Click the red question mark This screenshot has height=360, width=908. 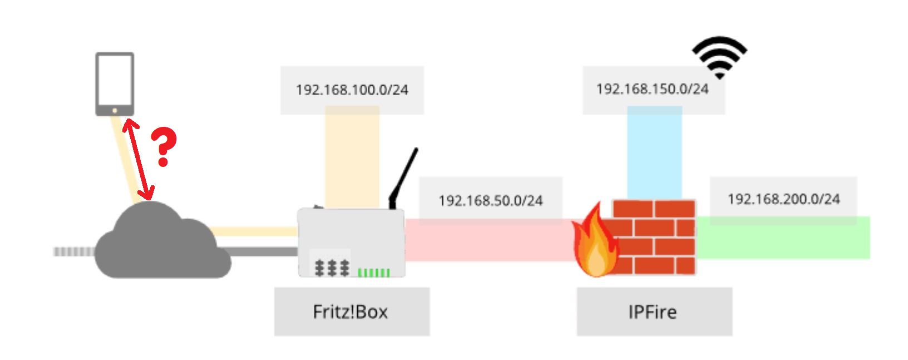(x=164, y=146)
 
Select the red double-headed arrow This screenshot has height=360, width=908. (x=139, y=159)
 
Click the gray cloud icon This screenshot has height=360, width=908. (x=161, y=245)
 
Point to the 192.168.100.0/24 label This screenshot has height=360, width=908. (x=352, y=90)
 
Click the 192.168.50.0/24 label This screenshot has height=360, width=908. (x=490, y=200)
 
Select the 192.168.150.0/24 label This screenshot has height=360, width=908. (x=652, y=89)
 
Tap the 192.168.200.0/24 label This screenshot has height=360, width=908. (x=783, y=199)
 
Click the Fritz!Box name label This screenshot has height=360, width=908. (x=351, y=312)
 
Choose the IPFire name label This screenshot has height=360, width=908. (x=653, y=312)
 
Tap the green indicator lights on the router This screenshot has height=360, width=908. (x=373, y=272)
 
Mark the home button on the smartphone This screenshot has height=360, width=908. (x=115, y=111)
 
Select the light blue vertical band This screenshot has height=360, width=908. (x=654, y=153)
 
